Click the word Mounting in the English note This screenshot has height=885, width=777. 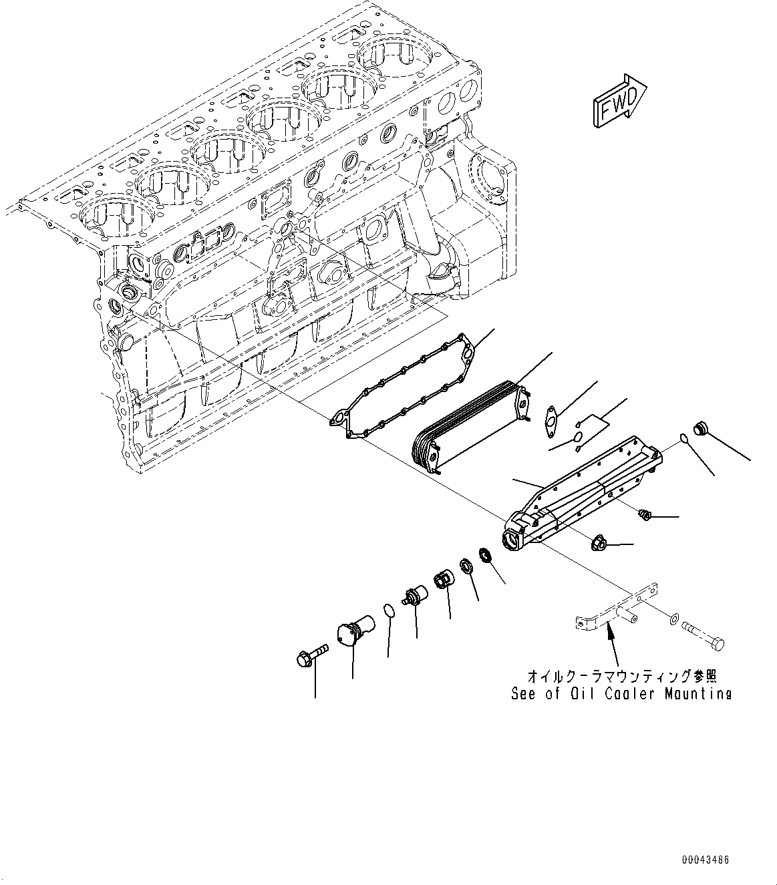tap(697, 694)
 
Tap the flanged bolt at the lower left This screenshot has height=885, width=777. tap(309, 653)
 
